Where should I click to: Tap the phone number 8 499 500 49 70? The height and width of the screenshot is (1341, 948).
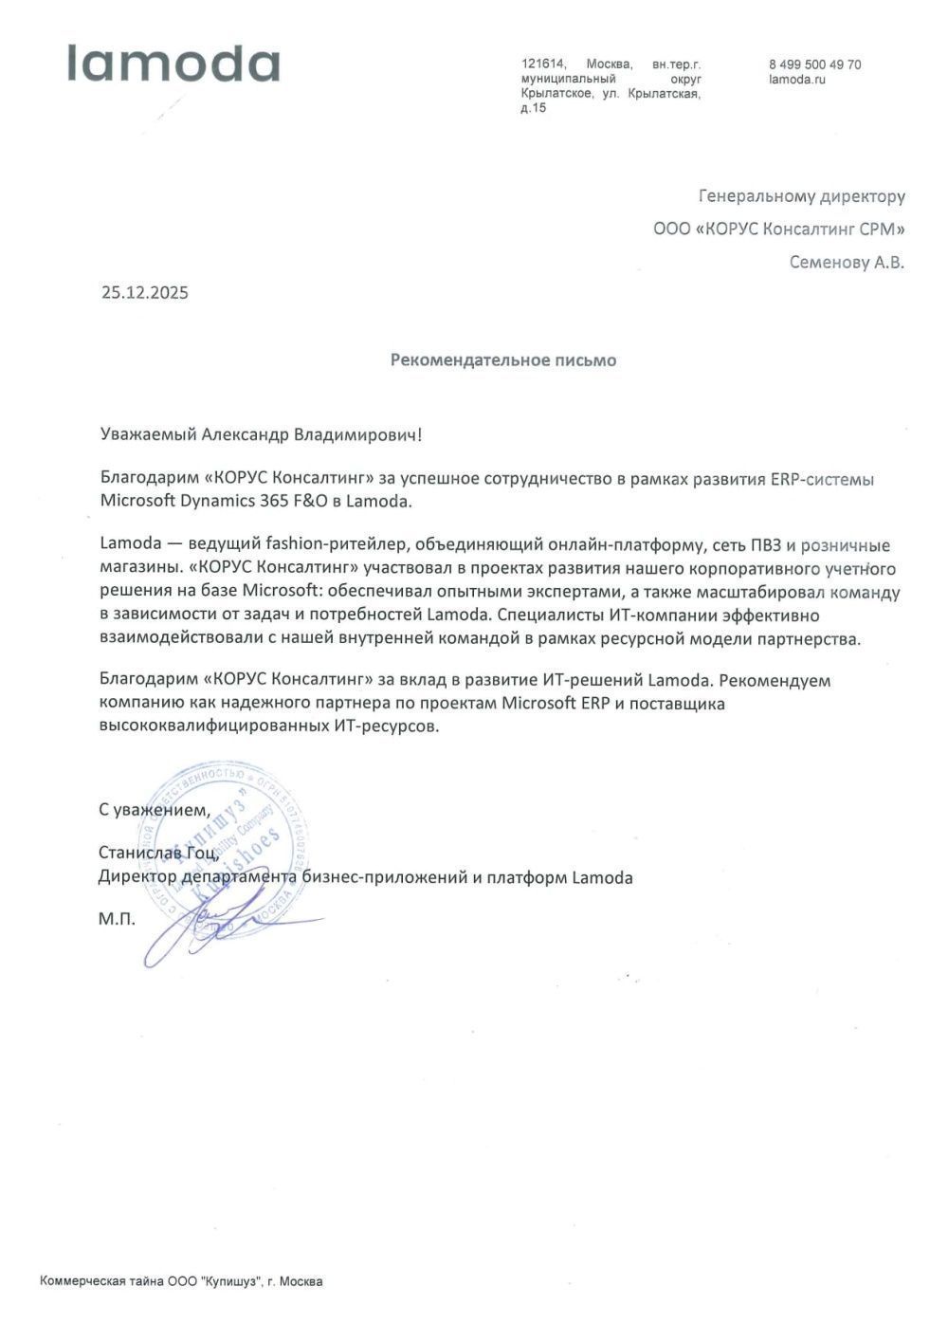(x=815, y=64)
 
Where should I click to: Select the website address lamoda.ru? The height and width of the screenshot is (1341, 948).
(x=798, y=80)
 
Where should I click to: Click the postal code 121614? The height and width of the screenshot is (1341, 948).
(x=543, y=64)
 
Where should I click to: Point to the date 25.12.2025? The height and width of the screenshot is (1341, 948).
(x=145, y=292)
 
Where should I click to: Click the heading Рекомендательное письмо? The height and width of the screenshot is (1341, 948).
(x=503, y=360)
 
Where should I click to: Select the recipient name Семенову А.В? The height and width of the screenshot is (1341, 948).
(x=847, y=262)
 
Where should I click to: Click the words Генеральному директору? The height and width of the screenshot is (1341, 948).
(x=801, y=196)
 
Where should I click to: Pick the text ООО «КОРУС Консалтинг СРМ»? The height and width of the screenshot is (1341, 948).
(x=778, y=229)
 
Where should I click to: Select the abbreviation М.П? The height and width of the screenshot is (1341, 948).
(x=117, y=919)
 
